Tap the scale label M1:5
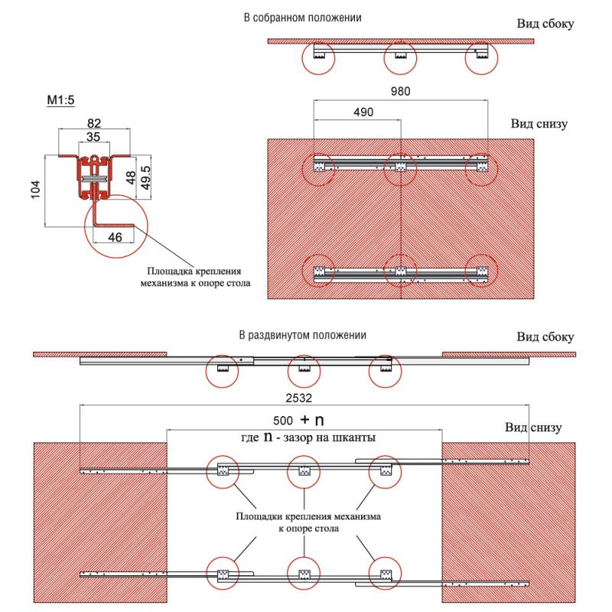click(x=63, y=100)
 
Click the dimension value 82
click(x=94, y=121)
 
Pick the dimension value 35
click(x=93, y=138)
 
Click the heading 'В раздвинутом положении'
click(x=302, y=335)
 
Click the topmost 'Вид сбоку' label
click(x=544, y=24)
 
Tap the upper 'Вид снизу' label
click(x=539, y=124)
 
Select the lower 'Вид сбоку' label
click(x=544, y=337)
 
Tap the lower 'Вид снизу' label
click(x=534, y=427)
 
